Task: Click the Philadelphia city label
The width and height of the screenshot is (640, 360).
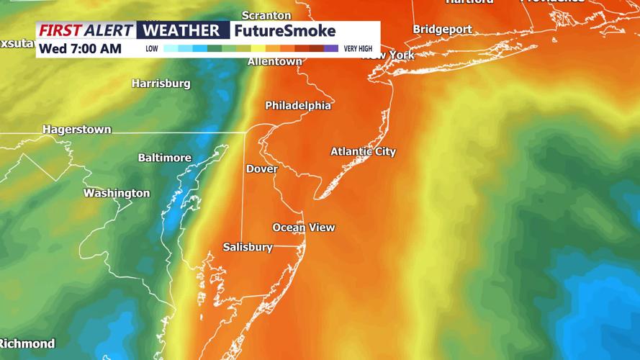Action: click(x=298, y=106)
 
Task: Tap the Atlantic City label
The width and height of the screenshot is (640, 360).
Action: click(x=363, y=152)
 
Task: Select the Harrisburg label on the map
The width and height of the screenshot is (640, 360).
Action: click(x=161, y=84)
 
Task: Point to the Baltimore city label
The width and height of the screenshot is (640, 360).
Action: click(x=165, y=158)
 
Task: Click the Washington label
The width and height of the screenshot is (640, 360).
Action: click(x=117, y=193)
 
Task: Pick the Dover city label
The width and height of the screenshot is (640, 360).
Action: click(x=262, y=168)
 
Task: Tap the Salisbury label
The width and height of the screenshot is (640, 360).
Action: click(x=248, y=247)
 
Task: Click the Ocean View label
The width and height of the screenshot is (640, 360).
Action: click(x=303, y=228)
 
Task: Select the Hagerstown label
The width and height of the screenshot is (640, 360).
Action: click(x=77, y=130)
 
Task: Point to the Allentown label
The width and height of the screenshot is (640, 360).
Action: click(x=274, y=62)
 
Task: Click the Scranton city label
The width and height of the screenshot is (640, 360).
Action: click(x=266, y=15)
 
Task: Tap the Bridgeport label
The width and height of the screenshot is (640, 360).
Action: click(x=442, y=30)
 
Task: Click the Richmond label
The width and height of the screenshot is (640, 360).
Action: click(x=27, y=343)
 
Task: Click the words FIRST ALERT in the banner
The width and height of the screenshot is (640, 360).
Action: click(x=86, y=31)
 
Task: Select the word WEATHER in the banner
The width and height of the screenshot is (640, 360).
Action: click(x=183, y=31)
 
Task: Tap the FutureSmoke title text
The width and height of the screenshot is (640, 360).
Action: click(x=284, y=31)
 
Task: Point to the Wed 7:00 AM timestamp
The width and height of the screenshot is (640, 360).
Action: click(x=80, y=49)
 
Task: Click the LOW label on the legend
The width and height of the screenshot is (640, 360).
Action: click(x=152, y=49)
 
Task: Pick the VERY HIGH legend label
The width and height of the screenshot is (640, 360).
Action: click(x=358, y=49)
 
